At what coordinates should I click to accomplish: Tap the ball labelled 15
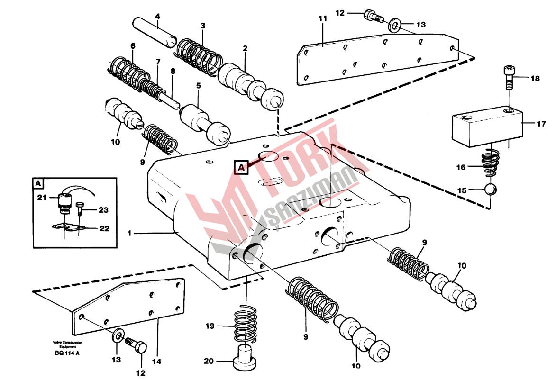point(491,190)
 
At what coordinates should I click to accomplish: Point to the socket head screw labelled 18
point(508,78)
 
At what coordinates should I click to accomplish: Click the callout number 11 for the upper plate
point(323,18)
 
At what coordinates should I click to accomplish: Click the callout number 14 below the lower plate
point(157,362)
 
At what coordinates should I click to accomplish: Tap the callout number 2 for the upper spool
point(245,48)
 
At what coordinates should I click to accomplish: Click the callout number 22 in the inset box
point(104,228)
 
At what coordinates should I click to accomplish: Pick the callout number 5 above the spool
point(198,86)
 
